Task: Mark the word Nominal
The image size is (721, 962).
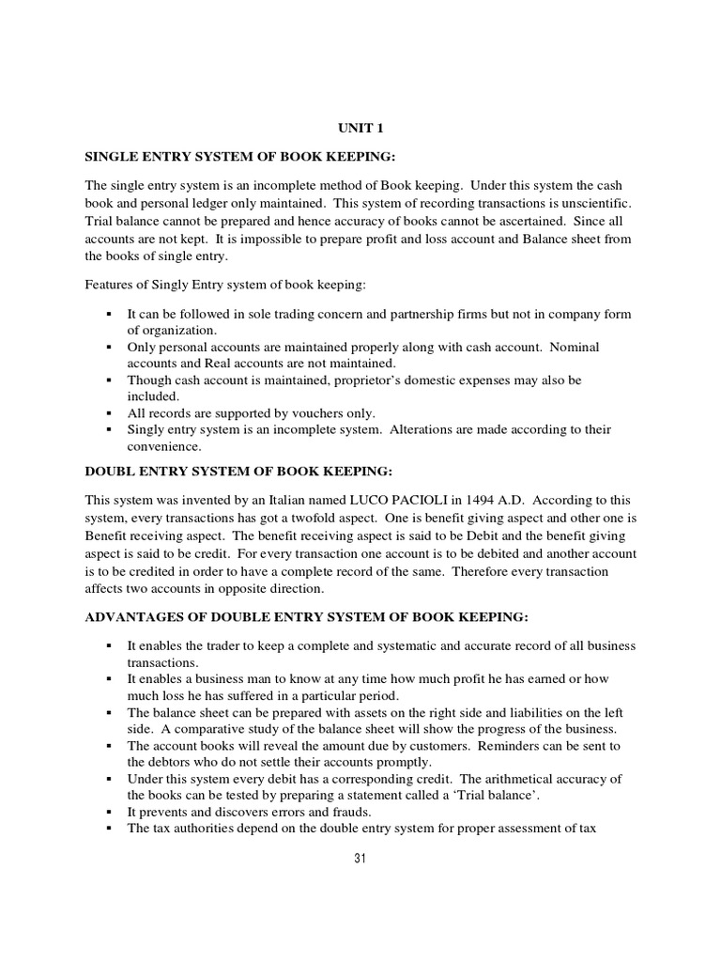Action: (x=573, y=347)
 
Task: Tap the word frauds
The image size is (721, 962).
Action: (x=325, y=812)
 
